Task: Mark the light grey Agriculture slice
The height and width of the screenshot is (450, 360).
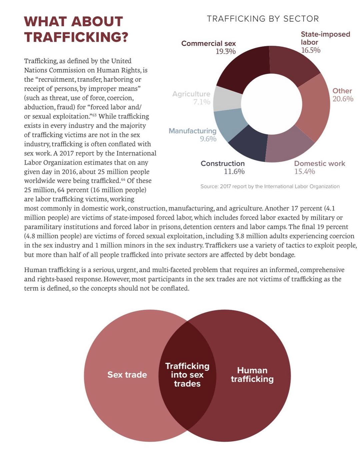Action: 227,99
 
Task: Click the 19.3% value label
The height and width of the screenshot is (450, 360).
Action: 225,51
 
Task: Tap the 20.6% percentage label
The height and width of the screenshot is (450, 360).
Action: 343,99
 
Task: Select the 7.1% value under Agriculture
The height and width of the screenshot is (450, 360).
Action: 202,102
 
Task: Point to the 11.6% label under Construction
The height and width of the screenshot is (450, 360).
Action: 234,171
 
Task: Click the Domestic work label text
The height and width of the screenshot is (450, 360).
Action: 319,163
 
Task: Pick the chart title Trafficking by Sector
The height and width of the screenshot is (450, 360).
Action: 263,19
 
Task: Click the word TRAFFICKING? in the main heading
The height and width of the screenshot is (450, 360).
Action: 76,37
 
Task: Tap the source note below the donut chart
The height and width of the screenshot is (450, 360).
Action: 270,186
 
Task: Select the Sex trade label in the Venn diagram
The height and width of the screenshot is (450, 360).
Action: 127,375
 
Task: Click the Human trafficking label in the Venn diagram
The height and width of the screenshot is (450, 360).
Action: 252,375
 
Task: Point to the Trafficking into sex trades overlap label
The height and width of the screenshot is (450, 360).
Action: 187,375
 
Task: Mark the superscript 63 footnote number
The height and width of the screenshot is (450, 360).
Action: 94,115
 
